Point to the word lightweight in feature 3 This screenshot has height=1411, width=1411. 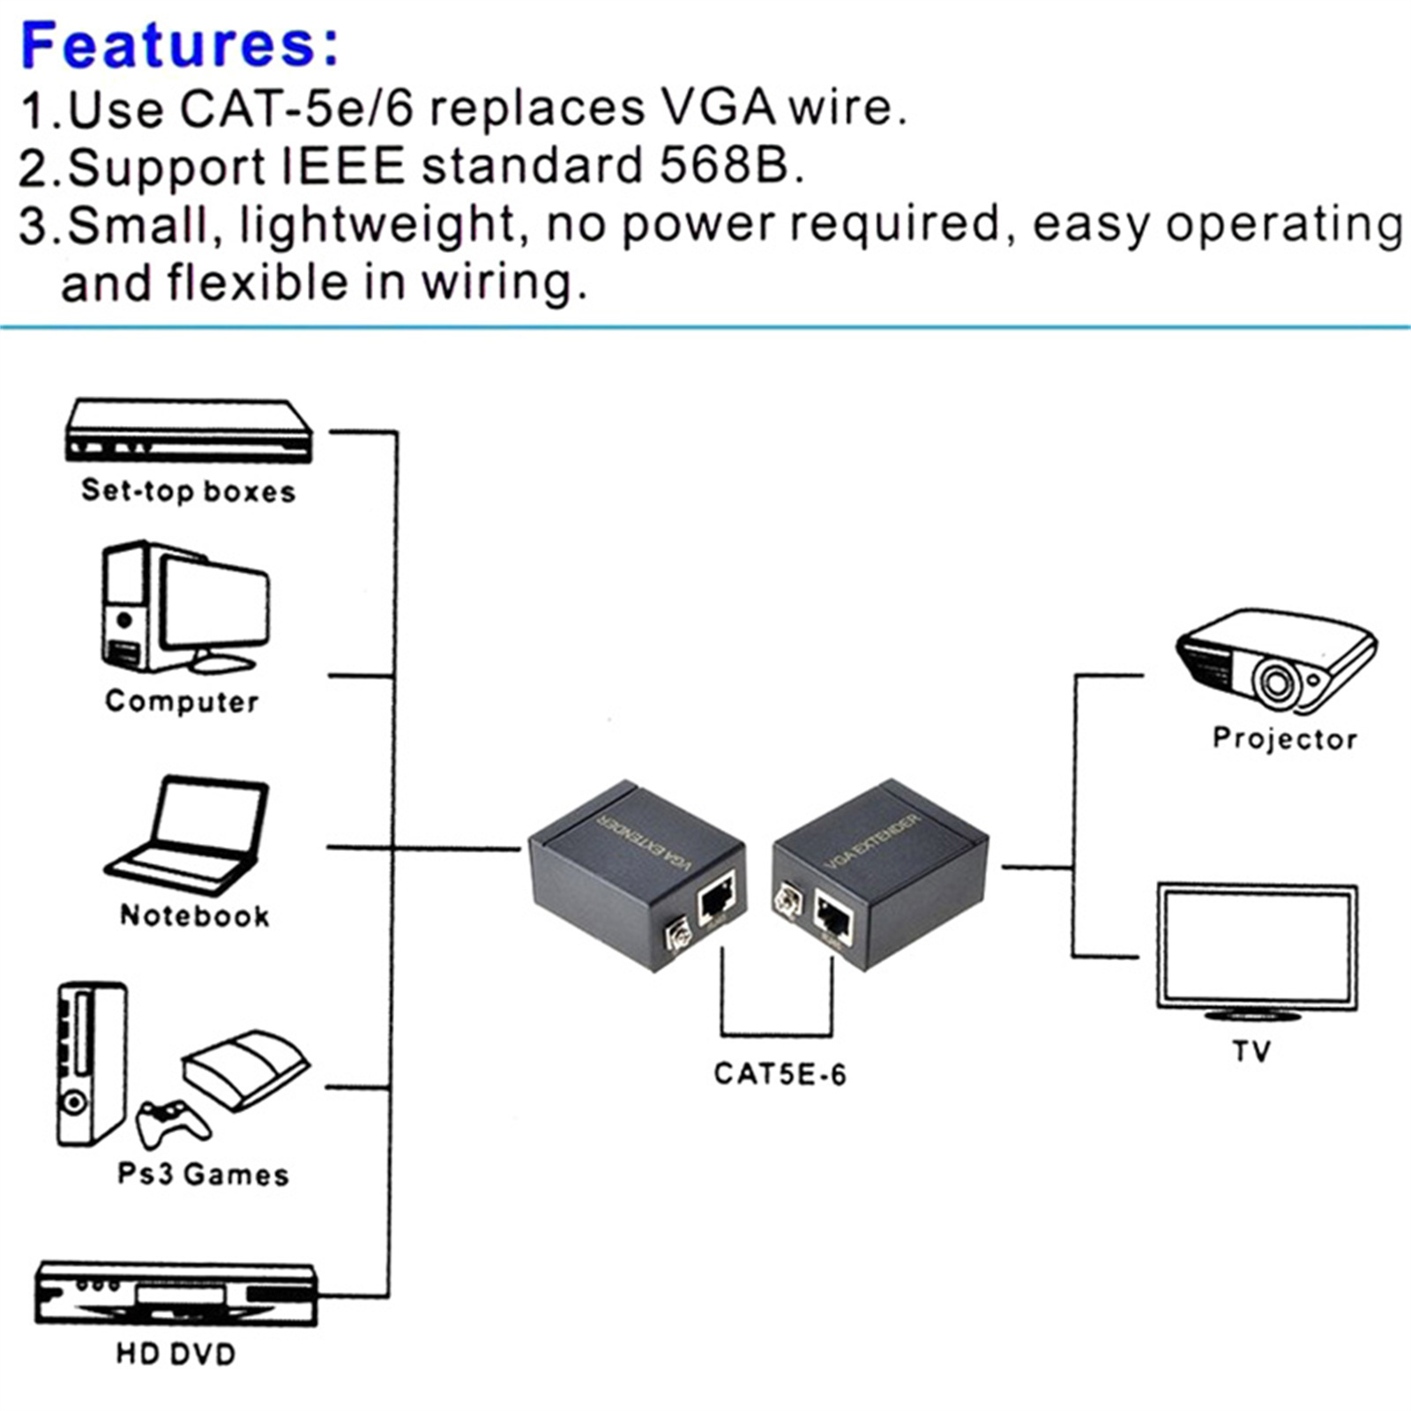pyautogui.click(x=377, y=224)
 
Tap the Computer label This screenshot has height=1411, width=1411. pyautogui.click(x=182, y=701)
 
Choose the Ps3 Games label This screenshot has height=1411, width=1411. pyautogui.click(x=203, y=1175)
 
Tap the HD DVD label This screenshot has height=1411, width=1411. pyautogui.click(x=175, y=1354)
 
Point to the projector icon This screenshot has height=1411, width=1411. pyautogui.click(x=1275, y=660)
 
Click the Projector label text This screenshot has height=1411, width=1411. pyautogui.click(x=1284, y=738)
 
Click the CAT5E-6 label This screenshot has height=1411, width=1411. pyautogui.click(x=780, y=1073)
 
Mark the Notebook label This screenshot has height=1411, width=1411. pyautogui.click(x=195, y=915)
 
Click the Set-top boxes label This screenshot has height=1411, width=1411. pyautogui.click(x=188, y=490)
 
